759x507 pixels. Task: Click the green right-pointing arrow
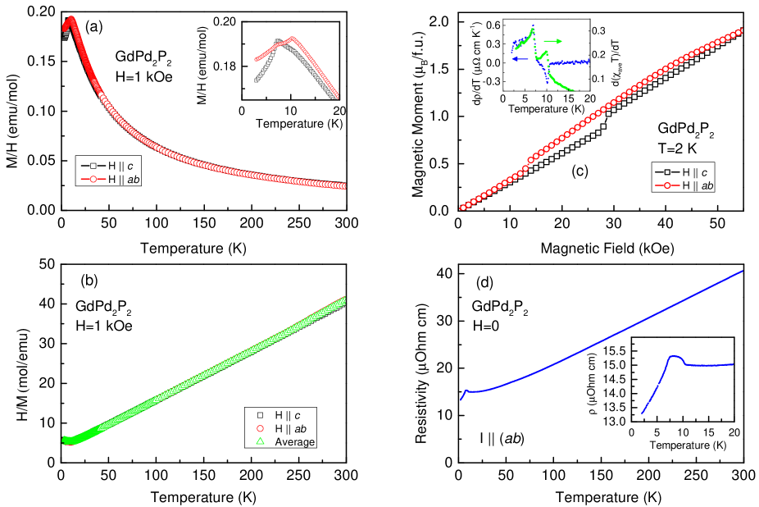click(554, 41)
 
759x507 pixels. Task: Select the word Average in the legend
click(294, 442)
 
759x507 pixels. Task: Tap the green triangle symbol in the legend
click(260, 441)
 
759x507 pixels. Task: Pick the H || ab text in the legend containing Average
click(290, 428)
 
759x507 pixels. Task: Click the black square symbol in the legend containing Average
click(260, 415)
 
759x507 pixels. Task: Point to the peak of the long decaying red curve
click(72, 19)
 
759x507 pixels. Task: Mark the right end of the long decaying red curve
click(343, 186)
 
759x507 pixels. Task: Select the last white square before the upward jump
click(604, 126)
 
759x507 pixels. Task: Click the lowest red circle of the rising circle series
click(462, 208)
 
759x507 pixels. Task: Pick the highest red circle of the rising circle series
click(741, 31)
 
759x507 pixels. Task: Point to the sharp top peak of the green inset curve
click(533, 29)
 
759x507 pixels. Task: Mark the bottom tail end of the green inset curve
click(572, 89)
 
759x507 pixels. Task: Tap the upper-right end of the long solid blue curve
click(742, 271)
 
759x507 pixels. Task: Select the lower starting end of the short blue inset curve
click(642, 413)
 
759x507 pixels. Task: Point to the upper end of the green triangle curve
click(344, 299)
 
